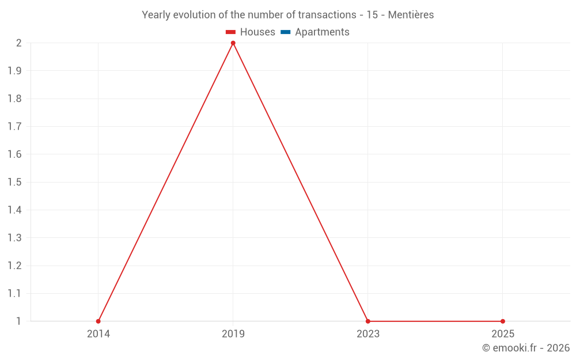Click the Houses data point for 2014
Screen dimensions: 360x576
(x=98, y=321)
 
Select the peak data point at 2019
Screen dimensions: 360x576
(x=233, y=43)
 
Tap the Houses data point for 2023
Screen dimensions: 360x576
(x=368, y=321)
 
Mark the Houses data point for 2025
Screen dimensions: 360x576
(x=503, y=321)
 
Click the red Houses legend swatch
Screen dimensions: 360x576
(x=231, y=32)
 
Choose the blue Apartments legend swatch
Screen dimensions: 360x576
(x=285, y=32)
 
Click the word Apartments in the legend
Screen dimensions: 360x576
(x=322, y=32)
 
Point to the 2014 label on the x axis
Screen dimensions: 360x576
(x=98, y=334)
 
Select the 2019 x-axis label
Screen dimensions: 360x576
(x=233, y=334)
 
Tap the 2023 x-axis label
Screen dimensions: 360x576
(x=368, y=334)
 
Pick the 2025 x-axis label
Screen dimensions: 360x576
(x=503, y=334)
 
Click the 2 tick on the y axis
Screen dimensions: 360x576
(x=19, y=43)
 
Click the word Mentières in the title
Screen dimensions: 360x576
(x=411, y=15)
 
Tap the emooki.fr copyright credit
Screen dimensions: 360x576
(x=526, y=348)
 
